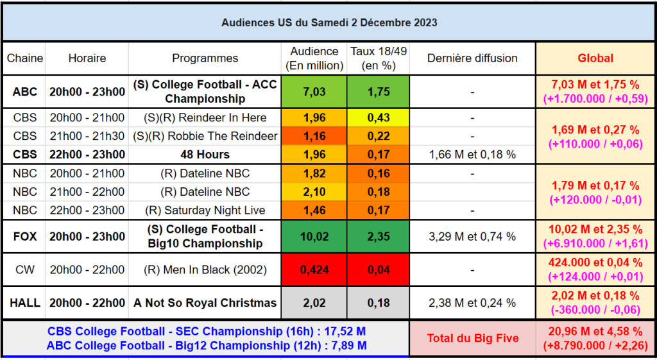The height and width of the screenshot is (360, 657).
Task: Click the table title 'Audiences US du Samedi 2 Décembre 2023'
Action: click(329, 22)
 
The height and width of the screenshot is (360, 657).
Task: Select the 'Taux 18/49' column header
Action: click(379, 58)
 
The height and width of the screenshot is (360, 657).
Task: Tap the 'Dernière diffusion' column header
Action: click(472, 58)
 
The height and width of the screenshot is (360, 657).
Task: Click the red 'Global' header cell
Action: click(595, 58)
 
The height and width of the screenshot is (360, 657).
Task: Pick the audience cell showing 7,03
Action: click(314, 92)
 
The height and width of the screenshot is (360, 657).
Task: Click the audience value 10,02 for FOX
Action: click(314, 237)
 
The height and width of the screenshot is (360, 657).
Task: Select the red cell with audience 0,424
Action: click(314, 270)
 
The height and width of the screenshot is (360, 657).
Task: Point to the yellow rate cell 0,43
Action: click(379, 118)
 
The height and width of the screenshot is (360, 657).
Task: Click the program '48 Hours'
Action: click(205, 155)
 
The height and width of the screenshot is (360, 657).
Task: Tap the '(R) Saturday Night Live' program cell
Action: click(205, 210)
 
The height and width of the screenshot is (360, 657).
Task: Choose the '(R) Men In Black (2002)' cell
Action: click(205, 270)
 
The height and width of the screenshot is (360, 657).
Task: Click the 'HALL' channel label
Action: click(25, 303)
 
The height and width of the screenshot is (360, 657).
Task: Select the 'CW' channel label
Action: click(25, 270)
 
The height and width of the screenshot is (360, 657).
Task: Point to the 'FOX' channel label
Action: click(25, 237)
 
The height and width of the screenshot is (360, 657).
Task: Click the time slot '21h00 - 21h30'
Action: click(87, 136)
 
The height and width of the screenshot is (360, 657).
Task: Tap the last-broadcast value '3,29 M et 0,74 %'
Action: click(472, 237)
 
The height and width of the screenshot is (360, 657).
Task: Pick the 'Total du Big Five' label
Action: click(472, 338)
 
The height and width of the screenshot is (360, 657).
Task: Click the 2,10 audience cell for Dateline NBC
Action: click(314, 192)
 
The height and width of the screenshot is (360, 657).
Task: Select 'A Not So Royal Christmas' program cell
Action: click(205, 303)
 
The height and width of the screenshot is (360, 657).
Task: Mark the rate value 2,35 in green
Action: click(379, 237)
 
